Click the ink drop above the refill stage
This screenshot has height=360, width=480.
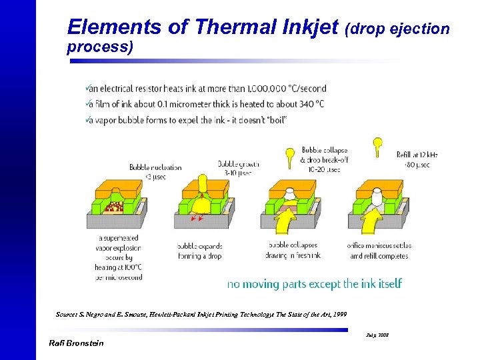pyautogui.click(x=377, y=144)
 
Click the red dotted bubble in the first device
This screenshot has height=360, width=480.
pyautogui.click(x=117, y=206)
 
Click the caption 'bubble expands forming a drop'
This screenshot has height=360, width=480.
pyautogui.click(x=200, y=251)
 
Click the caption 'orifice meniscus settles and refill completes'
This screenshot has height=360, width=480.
pyautogui.click(x=379, y=251)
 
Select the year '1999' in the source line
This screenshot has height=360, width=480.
pyautogui.click(x=338, y=313)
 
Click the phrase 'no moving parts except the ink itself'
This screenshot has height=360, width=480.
pyautogui.click(x=315, y=284)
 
